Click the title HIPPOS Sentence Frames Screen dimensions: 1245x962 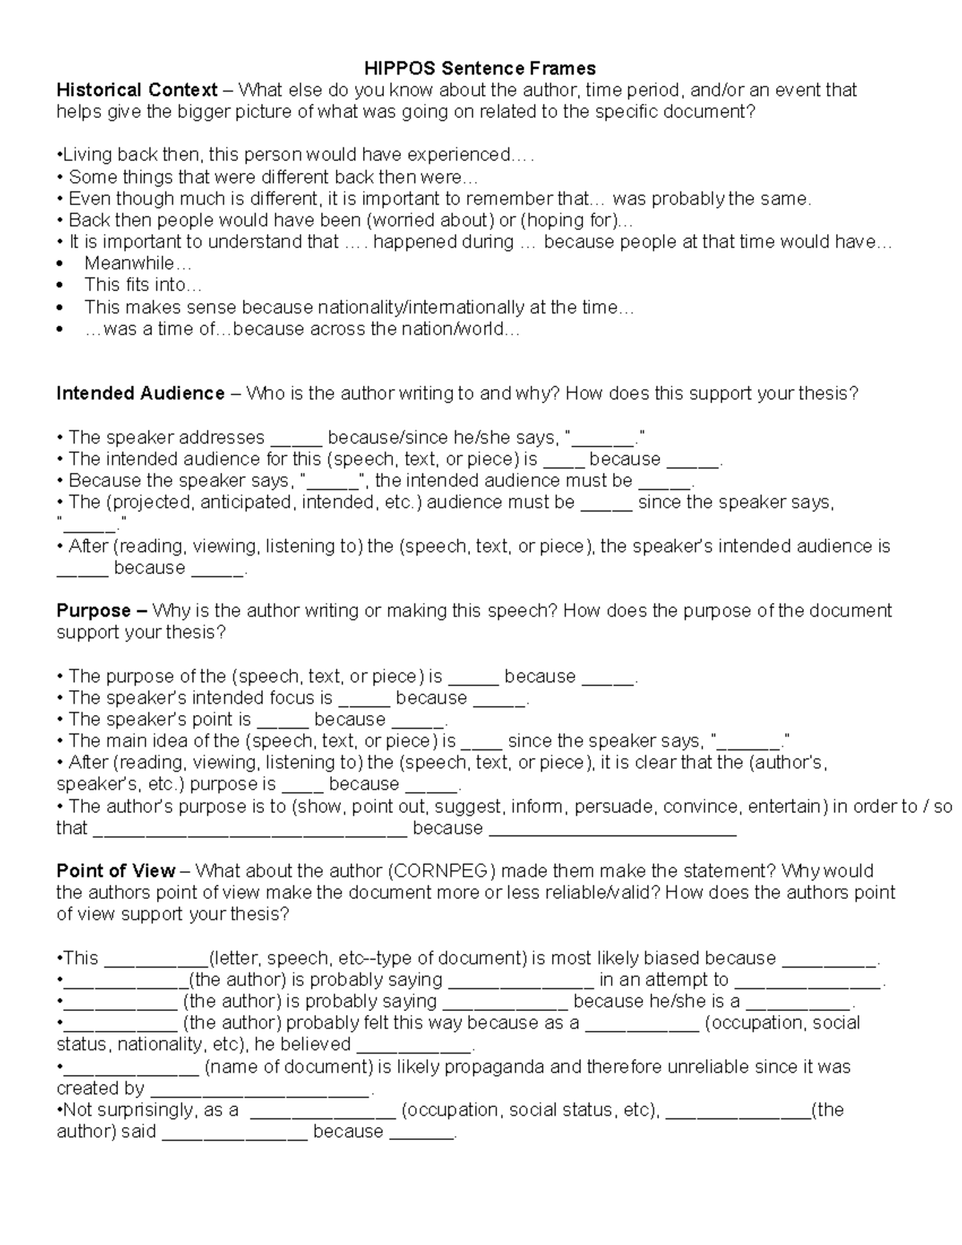480,68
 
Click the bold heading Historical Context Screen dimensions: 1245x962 136,90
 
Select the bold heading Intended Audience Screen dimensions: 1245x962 140,394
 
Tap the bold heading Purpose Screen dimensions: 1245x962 94,611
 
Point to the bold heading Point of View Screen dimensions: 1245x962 115,871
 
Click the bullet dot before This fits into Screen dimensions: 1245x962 61,285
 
